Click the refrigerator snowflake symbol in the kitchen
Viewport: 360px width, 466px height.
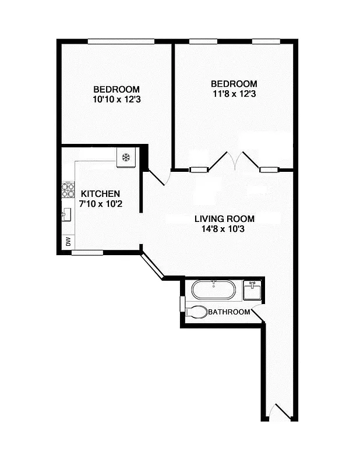pos(126,157)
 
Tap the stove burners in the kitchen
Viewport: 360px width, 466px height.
pos(68,190)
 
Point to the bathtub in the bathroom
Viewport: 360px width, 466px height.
pos(214,290)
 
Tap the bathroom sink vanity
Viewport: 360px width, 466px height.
pos(252,290)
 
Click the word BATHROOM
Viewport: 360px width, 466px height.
pos(229,312)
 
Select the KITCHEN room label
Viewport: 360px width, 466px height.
pos(100,194)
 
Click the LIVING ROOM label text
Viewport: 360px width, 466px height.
pos(224,219)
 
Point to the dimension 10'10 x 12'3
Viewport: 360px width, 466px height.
pos(117,100)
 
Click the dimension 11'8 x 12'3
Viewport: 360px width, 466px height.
pos(234,94)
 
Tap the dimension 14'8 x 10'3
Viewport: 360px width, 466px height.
pos(224,230)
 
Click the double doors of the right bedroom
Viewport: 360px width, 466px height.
pos(234,160)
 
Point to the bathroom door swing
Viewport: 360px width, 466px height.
pos(258,315)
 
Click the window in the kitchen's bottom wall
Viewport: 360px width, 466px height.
pos(87,252)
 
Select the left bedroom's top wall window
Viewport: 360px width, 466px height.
pos(121,41)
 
